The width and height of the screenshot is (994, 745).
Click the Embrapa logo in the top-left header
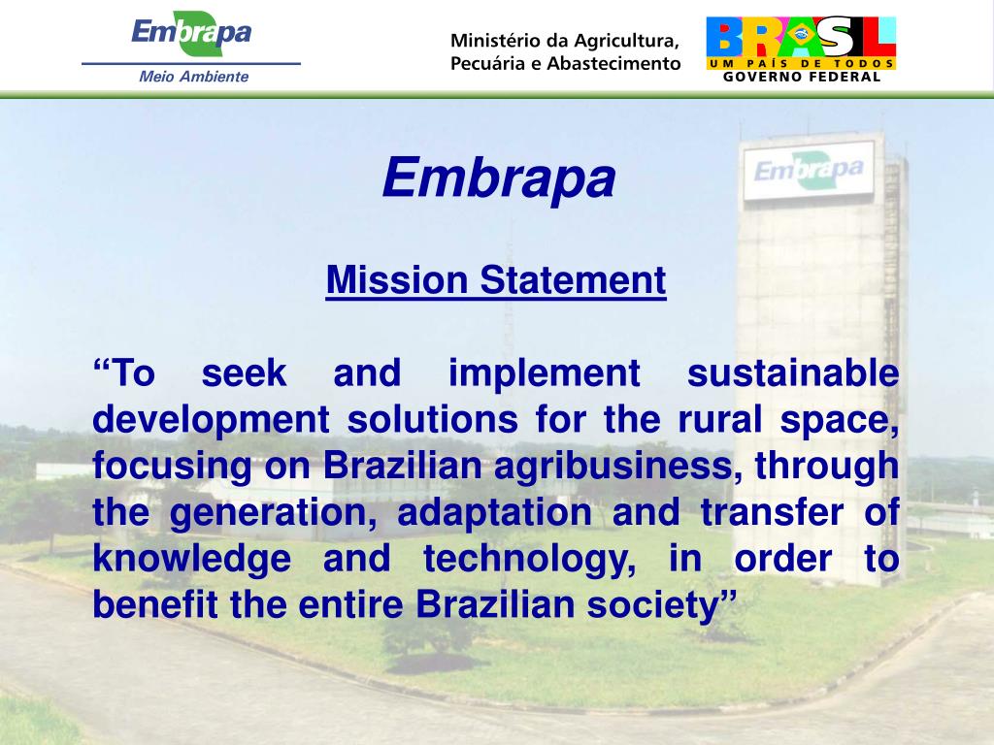(x=191, y=34)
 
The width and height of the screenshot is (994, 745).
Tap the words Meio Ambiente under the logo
(x=194, y=77)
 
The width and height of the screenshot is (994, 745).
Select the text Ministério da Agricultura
(x=564, y=41)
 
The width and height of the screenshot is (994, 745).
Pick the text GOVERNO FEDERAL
(x=802, y=78)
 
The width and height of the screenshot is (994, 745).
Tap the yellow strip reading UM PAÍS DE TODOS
(x=801, y=63)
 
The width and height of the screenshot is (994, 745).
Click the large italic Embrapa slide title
(x=498, y=178)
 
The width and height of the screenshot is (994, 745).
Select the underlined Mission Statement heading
(x=496, y=281)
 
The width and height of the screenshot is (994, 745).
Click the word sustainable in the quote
(x=792, y=373)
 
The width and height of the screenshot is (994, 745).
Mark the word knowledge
(x=192, y=559)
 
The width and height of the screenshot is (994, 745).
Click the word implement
(x=545, y=373)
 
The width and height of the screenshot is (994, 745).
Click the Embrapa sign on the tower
(x=808, y=171)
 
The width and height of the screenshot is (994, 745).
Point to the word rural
(x=711, y=420)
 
